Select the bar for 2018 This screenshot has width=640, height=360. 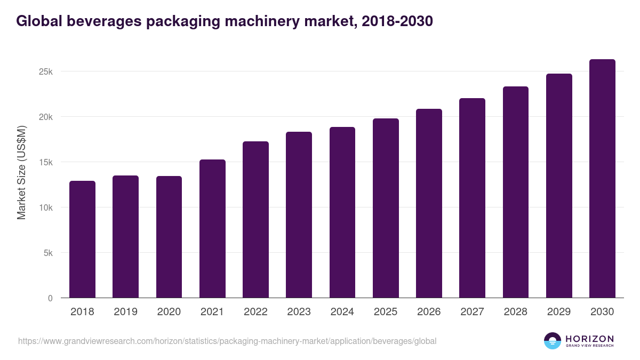click(x=82, y=239)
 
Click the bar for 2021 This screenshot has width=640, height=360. click(x=212, y=229)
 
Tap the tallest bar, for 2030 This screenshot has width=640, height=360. click(x=602, y=179)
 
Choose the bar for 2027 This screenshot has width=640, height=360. click(x=472, y=198)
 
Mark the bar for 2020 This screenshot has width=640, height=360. click(x=169, y=237)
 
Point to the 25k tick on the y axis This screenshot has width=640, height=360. click(x=45, y=71)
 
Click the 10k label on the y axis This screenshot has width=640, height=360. click(x=45, y=207)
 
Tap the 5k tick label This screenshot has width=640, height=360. click(x=47, y=253)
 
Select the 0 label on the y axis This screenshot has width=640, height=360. click(x=50, y=298)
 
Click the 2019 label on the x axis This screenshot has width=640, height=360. click(x=125, y=312)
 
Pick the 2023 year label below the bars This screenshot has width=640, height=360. click(x=299, y=312)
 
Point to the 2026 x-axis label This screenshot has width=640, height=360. click(x=429, y=312)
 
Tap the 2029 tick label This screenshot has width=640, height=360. click(x=559, y=312)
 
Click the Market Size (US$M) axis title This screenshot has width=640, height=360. click(x=22, y=172)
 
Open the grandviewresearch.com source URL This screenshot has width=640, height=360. click(x=227, y=341)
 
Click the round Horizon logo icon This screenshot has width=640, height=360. click(x=553, y=341)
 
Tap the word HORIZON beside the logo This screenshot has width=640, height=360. click(x=589, y=338)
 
